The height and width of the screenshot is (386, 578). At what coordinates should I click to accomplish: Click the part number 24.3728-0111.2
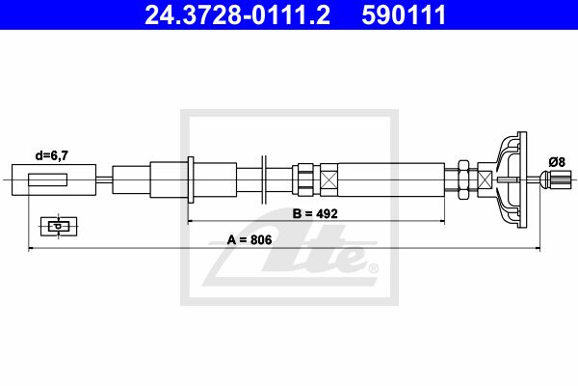pyautogui.click(x=237, y=14)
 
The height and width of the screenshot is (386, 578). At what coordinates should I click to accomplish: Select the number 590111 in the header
pyautogui.click(x=404, y=14)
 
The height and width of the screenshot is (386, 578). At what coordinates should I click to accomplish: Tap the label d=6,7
pyautogui.click(x=52, y=156)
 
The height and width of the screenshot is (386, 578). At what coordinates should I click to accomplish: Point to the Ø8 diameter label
pyautogui.click(x=557, y=162)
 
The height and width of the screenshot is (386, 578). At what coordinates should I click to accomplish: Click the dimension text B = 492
pyautogui.click(x=315, y=213)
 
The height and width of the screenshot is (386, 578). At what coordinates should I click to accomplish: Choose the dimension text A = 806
pyautogui.click(x=250, y=239)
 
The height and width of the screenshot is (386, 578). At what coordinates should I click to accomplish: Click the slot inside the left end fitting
pyautogui.click(x=48, y=179)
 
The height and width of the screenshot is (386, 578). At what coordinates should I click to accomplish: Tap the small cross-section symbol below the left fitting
pyautogui.click(x=59, y=226)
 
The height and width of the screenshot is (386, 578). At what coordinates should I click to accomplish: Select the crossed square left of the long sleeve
pyautogui.click(x=328, y=179)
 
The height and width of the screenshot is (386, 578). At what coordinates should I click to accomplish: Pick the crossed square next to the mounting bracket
pyautogui.click(x=485, y=179)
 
